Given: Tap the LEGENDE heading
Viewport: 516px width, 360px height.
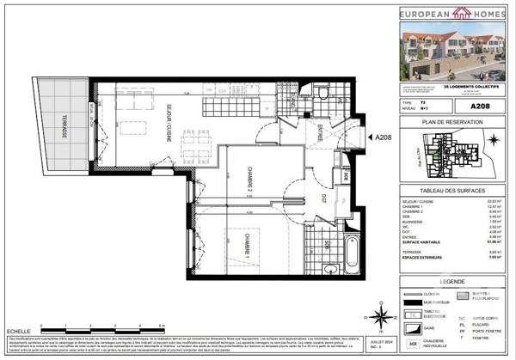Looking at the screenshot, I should pyautogui.click(x=454, y=280).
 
